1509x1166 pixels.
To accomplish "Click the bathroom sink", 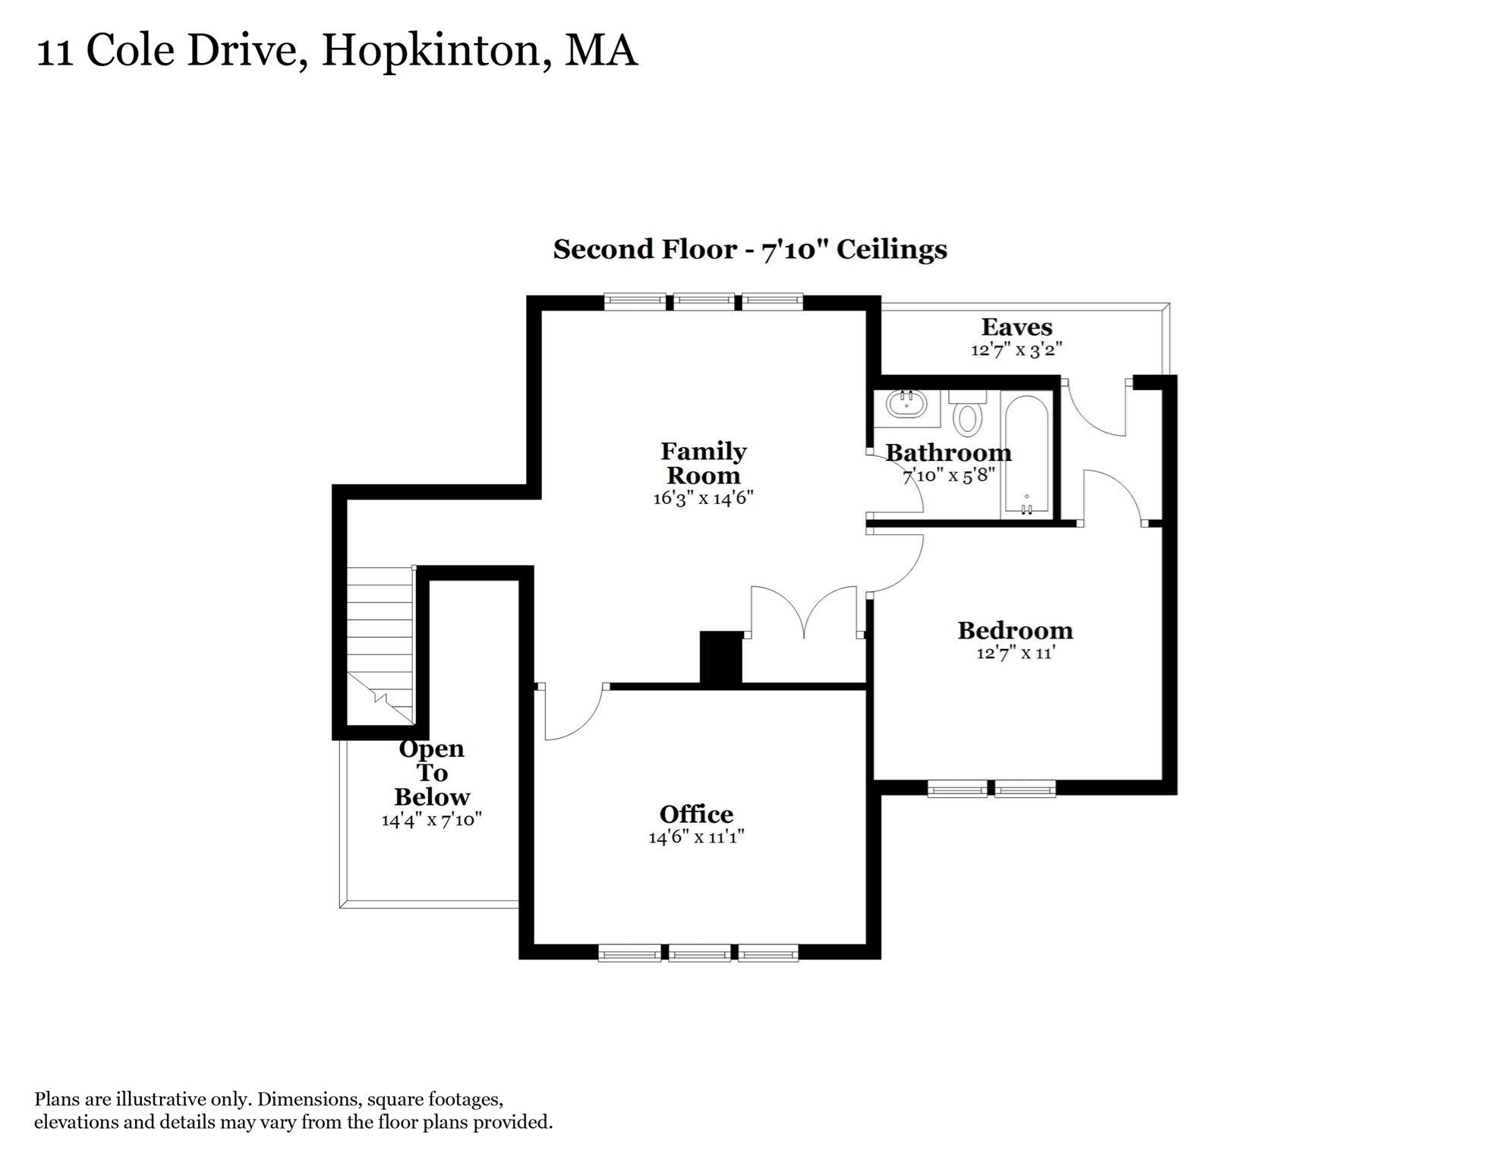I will (x=906, y=404).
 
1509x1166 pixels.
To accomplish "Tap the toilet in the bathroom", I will (x=967, y=414).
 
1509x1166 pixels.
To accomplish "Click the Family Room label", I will (x=703, y=463).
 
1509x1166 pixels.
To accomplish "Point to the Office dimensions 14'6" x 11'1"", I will (x=696, y=837).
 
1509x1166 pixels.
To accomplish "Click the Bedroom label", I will (x=1015, y=631).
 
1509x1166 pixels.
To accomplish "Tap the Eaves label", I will (x=1016, y=328).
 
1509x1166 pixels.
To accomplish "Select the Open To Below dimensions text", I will (x=431, y=820).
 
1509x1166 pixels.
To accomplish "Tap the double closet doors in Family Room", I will (x=804, y=612).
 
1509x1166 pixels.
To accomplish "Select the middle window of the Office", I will (x=699, y=953).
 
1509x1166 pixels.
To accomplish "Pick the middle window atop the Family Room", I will (x=704, y=302).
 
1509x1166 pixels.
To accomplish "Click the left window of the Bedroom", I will (x=957, y=789).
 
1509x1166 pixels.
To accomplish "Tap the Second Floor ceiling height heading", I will (x=749, y=250).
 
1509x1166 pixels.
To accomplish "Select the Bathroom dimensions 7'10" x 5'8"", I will (x=948, y=476).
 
